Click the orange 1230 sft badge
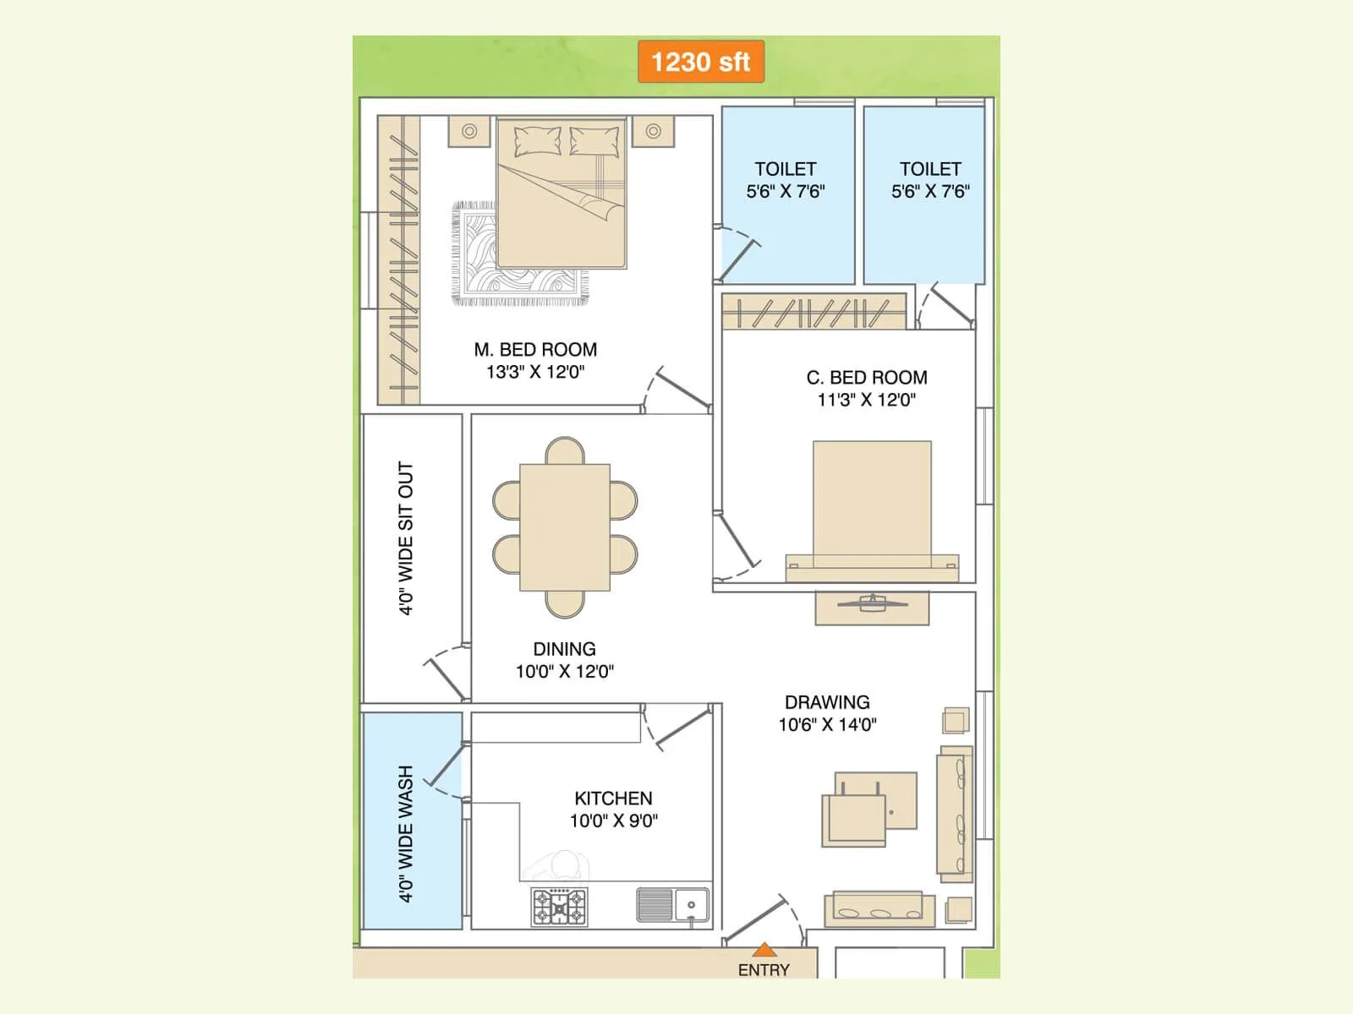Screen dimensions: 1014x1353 tap(701, 62)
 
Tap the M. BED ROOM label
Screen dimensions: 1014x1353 tap(535, 350)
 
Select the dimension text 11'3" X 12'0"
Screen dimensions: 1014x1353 tap(866, 400)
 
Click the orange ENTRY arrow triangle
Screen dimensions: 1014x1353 tap(764, 950)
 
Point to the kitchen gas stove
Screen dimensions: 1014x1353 tap(559, 907)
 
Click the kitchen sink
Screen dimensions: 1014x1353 tap(673, 905)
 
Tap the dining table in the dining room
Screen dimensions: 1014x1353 tap(565, 527)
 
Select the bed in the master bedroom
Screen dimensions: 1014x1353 tap(561, 194)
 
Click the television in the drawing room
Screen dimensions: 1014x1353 tap(872, 603)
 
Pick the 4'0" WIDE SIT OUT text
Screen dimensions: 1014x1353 tap(407, 538)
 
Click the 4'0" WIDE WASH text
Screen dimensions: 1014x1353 tap(407, 834)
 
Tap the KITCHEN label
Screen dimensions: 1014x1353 tap(613, 799)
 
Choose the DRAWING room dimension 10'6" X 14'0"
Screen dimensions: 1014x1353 tap(827, 724)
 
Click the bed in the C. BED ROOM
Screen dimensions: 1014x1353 tap(872, 507)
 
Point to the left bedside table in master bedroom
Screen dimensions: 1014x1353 tap(469, 131)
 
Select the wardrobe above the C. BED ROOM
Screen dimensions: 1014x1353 tap(813, 311)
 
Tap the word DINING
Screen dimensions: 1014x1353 tap(564, 649)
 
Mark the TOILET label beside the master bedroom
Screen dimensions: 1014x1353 tap(786, 169)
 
